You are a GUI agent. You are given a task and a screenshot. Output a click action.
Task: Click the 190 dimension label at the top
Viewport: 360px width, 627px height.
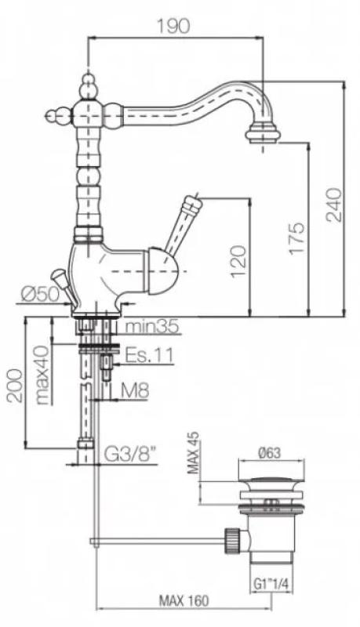coord(173,26)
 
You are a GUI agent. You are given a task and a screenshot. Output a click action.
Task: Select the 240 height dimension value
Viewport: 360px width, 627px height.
coord(333,205)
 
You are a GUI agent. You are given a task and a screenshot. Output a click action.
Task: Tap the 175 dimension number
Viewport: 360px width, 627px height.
coord(296,237)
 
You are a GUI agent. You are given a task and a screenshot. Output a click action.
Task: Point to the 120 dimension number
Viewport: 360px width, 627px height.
coord(238,261)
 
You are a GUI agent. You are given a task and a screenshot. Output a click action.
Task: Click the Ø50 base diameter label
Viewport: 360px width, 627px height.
coord(39,295)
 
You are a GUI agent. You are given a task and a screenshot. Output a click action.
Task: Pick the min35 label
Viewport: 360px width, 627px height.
coord(151,327)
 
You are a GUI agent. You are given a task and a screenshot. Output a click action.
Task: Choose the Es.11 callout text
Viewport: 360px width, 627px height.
coord(149,354)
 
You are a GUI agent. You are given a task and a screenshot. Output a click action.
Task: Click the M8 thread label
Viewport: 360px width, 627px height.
coord(135,390)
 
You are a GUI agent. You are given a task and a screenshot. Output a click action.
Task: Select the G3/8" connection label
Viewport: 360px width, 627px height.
coord(130,454)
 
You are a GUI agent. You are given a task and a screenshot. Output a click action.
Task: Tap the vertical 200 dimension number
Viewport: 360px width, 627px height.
coord(14,386)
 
